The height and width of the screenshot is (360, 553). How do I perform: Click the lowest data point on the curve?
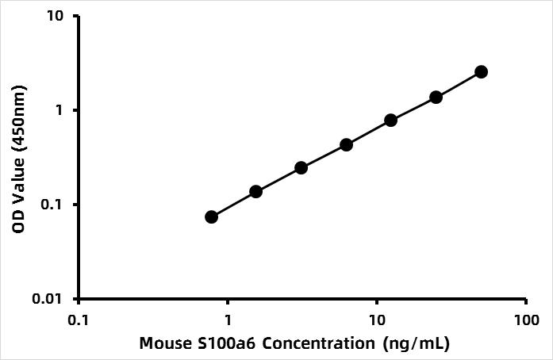point(211,216)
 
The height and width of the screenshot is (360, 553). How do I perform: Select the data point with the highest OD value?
point(481,71)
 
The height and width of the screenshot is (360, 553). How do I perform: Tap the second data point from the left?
point(255,191)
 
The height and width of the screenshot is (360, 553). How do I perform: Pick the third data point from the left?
point(301,167)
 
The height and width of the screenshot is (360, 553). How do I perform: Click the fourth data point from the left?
point(346,144)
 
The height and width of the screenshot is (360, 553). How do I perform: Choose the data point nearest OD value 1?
point(390,120)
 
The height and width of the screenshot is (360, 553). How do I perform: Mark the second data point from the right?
point(436,97)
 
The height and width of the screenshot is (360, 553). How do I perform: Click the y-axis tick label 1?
point(62,110)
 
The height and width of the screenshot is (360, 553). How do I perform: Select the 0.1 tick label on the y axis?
point(55,205)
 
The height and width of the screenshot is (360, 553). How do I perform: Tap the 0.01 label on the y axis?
point(51,299)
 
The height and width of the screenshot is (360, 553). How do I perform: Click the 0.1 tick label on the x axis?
point(78,320)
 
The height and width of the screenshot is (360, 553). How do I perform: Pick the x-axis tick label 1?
point(228,320)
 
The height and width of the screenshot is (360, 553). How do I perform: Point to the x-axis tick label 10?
point(377,320)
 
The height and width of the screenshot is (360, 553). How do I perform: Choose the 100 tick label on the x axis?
point(526,320)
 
